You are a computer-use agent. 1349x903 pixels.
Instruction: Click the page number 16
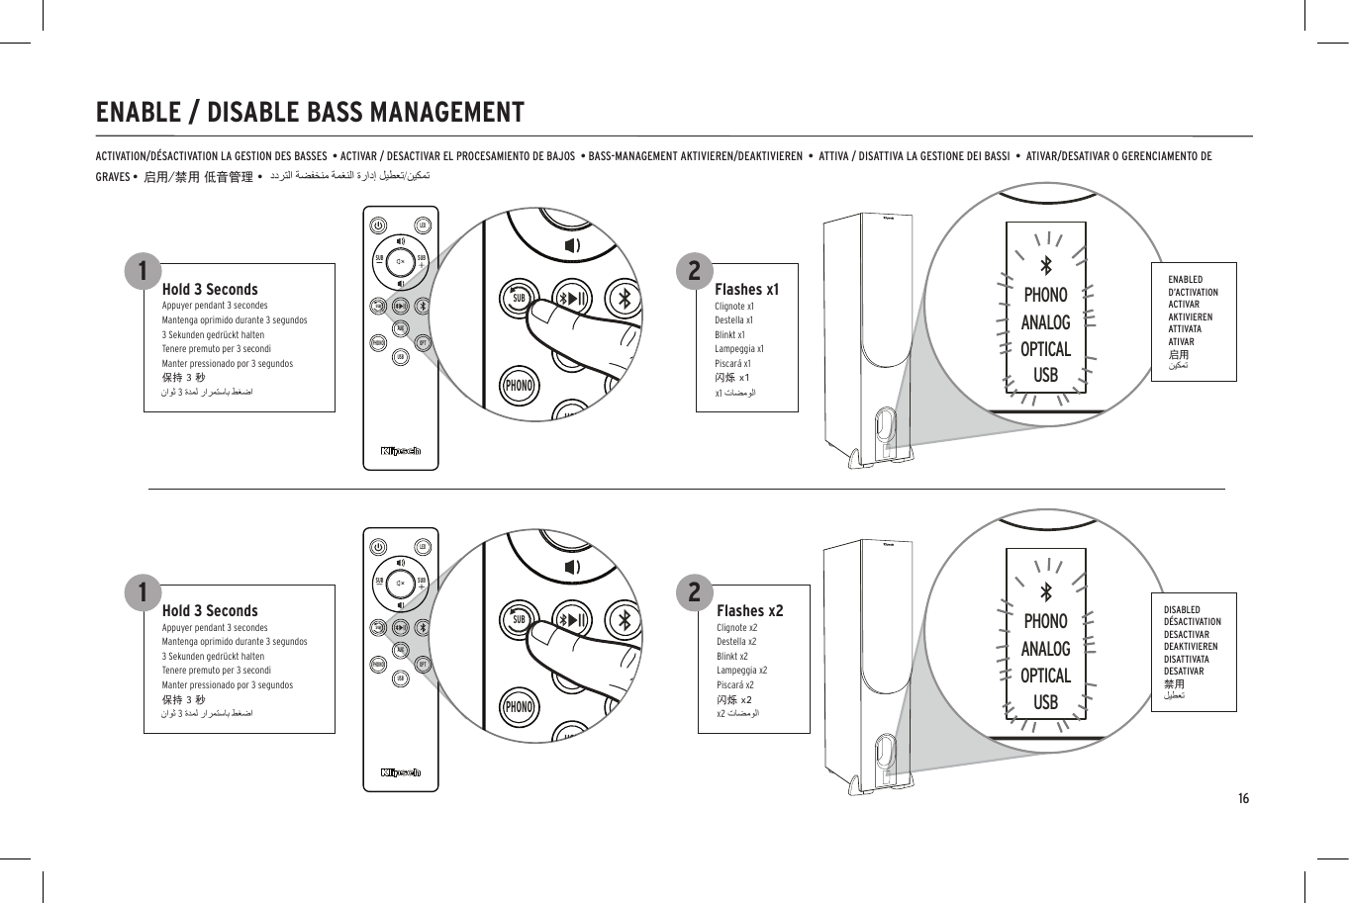[1243, 798]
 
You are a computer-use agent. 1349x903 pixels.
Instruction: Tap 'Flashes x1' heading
[746, 290]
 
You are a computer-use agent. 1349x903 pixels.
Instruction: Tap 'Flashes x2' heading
[749, 611]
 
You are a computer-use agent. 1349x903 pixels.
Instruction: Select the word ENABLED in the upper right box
[1185, 280]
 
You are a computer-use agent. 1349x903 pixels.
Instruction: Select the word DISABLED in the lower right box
[1182, 610]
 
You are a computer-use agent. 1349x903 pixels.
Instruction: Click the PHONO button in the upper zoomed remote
[519, 386]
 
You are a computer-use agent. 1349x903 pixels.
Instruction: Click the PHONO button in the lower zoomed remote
[519, 707]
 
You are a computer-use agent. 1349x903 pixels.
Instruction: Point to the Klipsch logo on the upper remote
[401, 452]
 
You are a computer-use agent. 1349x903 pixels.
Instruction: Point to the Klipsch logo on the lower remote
[401, 773]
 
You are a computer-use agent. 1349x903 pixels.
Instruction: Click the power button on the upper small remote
[379, 225]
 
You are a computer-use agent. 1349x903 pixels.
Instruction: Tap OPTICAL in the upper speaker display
[1045, 349]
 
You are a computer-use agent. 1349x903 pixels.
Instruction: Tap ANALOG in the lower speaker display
[1045, 649]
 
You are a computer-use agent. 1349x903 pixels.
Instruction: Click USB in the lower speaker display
[1045, 702]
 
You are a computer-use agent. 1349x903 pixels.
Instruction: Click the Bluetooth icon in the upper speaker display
[1045, 265]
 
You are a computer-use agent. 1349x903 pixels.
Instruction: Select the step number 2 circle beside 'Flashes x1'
[694, 269]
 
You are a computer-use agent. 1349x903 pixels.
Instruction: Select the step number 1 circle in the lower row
[144, 591]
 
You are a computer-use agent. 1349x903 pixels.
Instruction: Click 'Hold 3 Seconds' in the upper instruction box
[209, 290]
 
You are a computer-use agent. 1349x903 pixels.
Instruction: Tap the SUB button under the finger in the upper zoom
[518, 298]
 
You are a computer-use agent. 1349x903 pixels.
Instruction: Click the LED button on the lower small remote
[423, 547]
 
